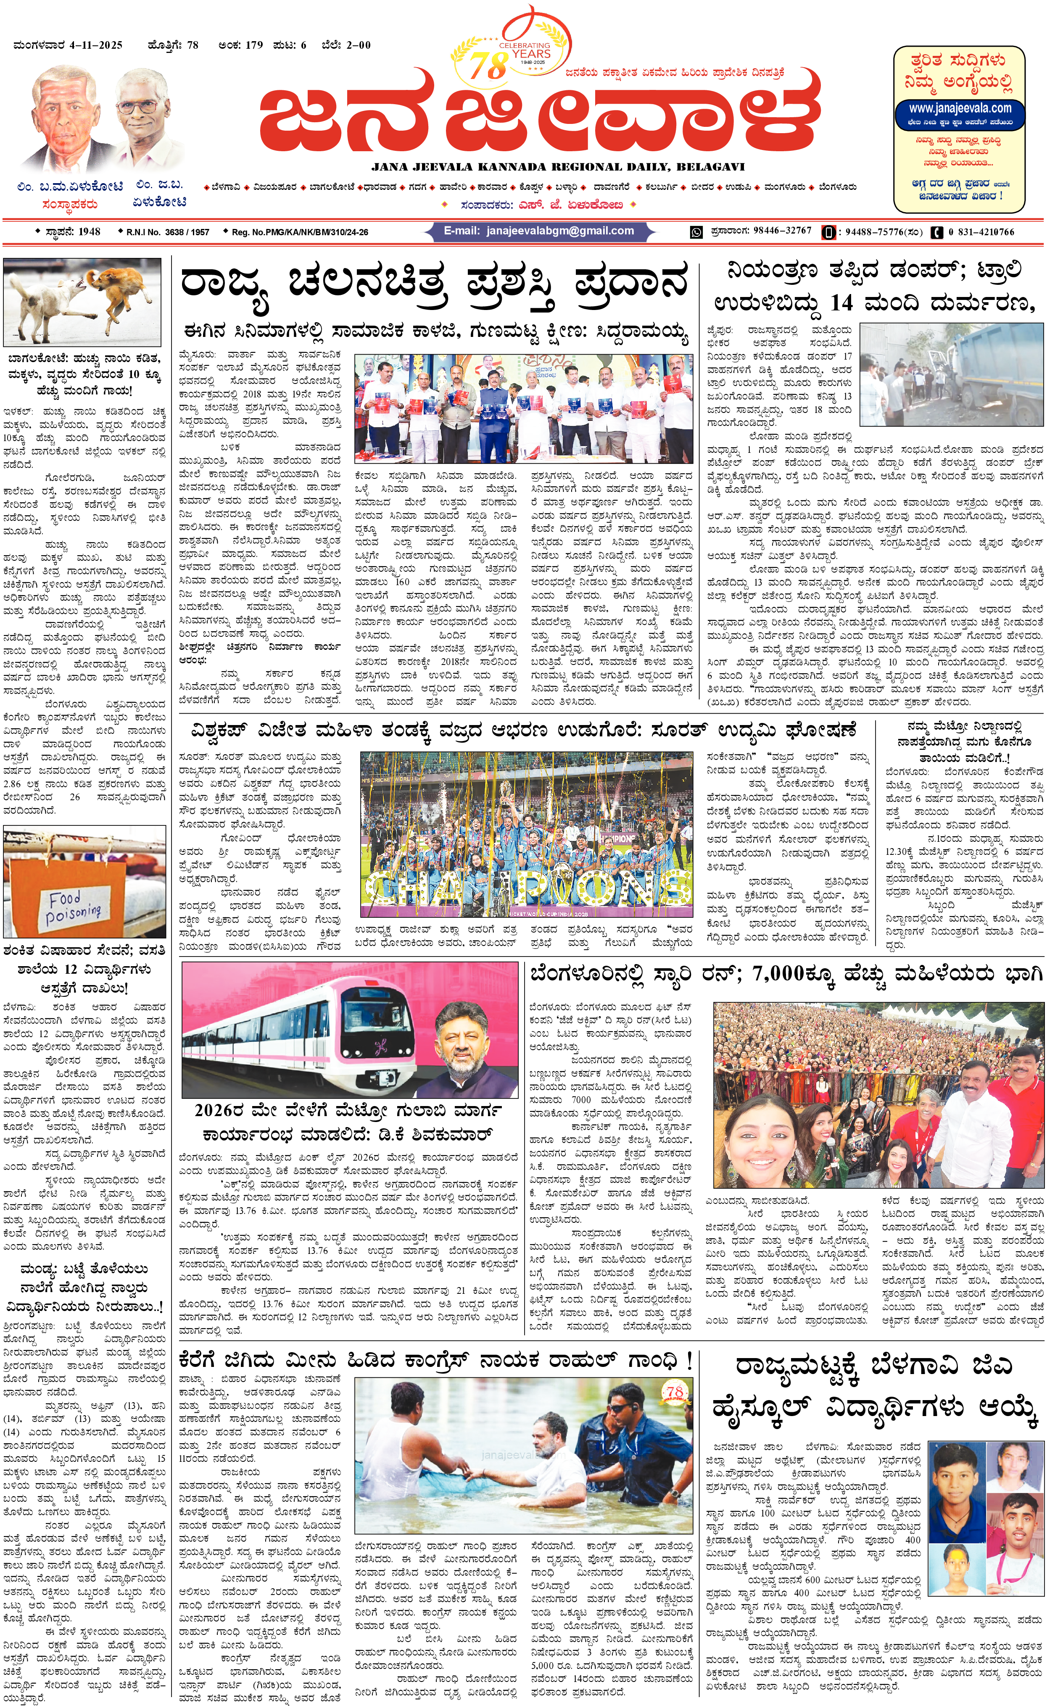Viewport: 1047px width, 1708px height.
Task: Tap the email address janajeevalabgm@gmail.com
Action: [539, 231]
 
